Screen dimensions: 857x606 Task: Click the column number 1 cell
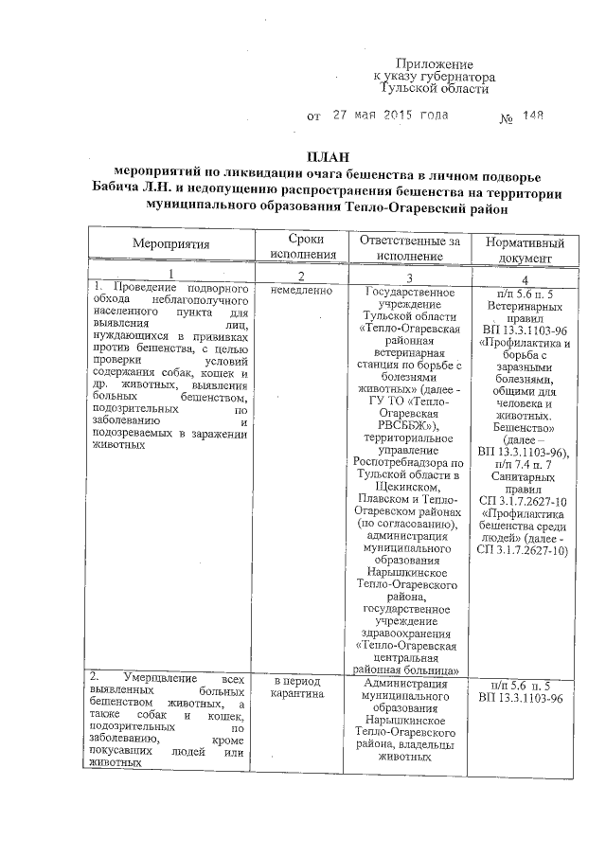(x=170, y=274)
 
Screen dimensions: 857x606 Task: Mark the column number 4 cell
(x=524, y=278)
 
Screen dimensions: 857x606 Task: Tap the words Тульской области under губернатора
(x=433, y=88)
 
